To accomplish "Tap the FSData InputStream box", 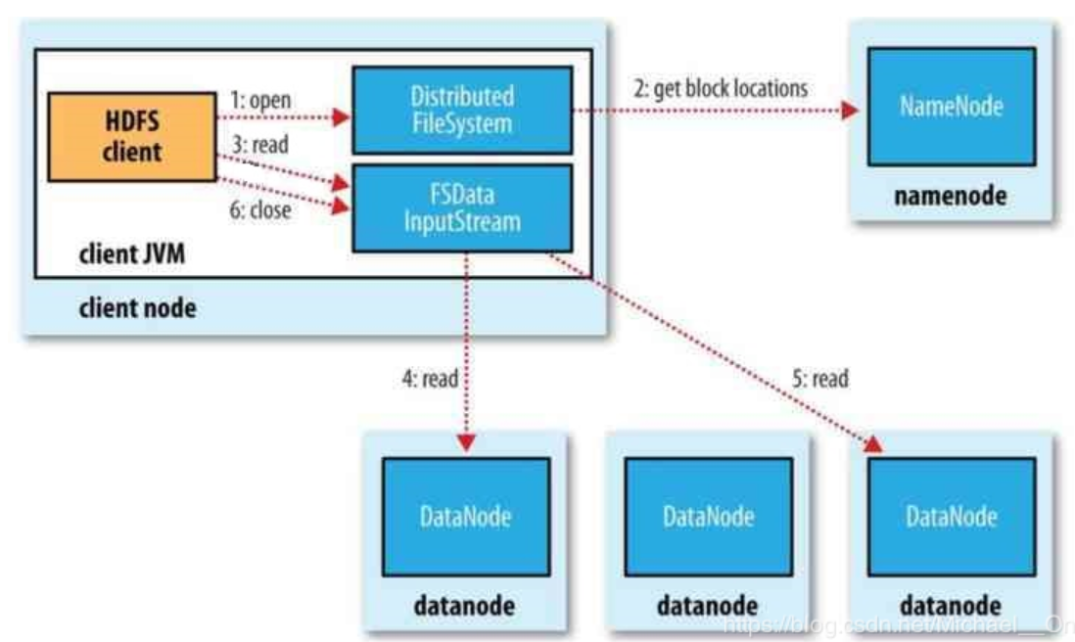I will point(461,207).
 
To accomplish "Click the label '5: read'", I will point(818,377).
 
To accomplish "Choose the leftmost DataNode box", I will point(465,517).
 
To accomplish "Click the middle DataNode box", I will point(708,517).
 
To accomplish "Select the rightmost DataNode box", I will point(952,517).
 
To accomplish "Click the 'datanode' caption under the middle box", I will point(707,604).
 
